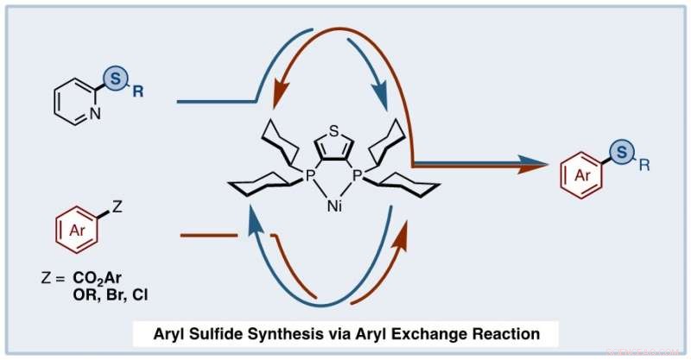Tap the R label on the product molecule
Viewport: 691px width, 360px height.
[639, 162]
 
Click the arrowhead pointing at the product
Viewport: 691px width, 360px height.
[542, 162]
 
